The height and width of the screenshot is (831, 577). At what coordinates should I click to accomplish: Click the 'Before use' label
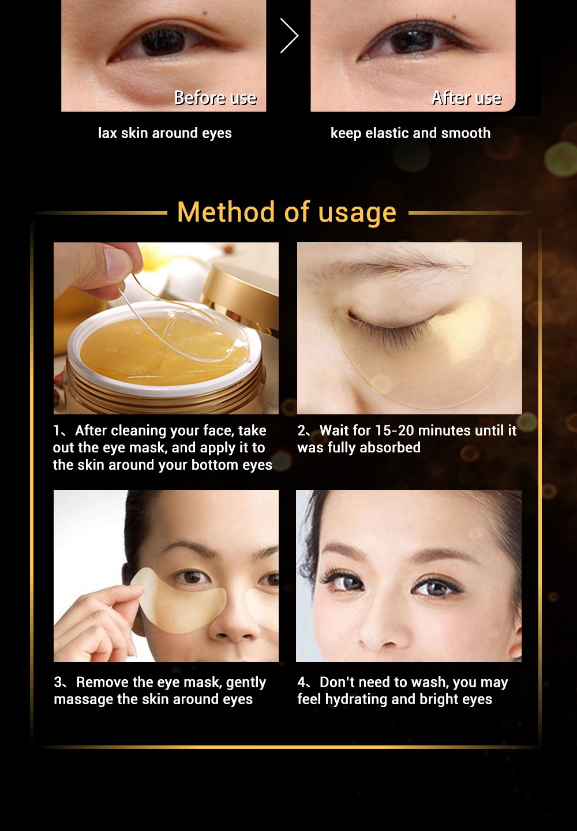(x=215, y=98)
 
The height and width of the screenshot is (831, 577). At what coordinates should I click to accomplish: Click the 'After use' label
(x=467, y=98)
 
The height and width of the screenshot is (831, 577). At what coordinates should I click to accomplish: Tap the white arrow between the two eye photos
(x=289, y=36)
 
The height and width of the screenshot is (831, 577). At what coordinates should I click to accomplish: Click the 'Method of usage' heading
(x=287, y=212)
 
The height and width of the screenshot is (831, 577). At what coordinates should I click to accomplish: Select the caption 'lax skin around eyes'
(x=164, y=133)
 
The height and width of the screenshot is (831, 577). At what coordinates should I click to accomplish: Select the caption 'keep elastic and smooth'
(x=410, y=133)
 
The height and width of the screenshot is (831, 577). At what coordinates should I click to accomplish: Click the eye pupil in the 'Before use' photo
(x=163, y=42)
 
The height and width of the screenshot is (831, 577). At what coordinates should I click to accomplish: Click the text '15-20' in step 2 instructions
(x=394, y=431)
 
